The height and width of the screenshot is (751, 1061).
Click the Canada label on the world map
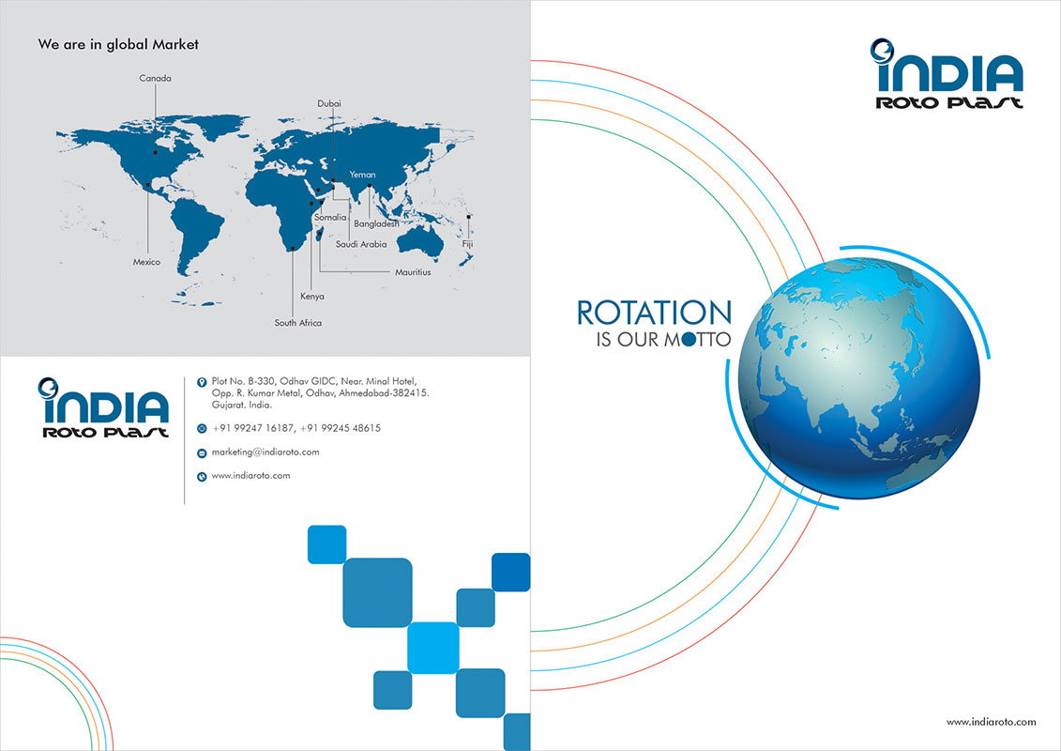tap(155, 79)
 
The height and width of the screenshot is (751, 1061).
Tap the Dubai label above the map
tap(329, 103)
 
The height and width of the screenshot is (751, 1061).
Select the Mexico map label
tap(147, 262)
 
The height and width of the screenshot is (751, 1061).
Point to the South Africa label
tap(298, 323)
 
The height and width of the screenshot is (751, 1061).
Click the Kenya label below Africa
tap(312, 297)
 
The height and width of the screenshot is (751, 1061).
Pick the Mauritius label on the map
tap(413, 272)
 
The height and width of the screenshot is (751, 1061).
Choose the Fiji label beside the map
tap(467, 244)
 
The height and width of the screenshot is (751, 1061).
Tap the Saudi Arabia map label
tap(361, 244)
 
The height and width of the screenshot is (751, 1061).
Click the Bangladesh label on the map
tap(376, 224)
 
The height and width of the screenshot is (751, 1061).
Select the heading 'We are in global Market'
tap(118, 45)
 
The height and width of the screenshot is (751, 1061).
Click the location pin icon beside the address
tap(202, 383)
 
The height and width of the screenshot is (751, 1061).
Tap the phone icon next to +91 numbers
tap(202, 429)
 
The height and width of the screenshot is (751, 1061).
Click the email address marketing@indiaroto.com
tap(265, 452)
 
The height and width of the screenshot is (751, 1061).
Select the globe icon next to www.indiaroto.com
tap(202, 477)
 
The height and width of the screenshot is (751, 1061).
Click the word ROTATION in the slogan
tap(654, 314)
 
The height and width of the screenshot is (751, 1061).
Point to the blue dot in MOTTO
tap(689, 339)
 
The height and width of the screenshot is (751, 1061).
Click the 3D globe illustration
tap(859, 378)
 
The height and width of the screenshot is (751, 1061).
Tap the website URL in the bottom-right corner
tap(992, 722)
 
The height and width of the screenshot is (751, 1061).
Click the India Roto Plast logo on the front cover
tap(947, 74)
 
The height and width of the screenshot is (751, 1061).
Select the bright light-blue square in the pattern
tap(433, 648)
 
